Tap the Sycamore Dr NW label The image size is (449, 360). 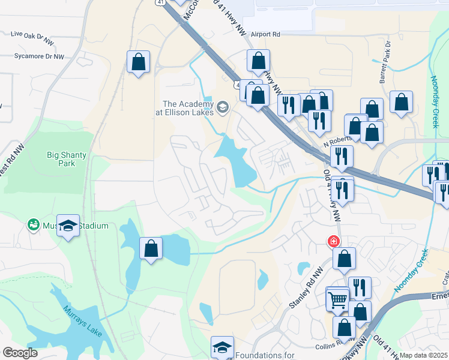39,56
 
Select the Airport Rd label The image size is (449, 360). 266,35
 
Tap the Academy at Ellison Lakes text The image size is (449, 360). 187,108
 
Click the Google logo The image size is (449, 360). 20,353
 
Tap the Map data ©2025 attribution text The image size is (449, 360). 424,355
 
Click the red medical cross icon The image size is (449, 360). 332,241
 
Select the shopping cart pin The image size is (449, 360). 337,298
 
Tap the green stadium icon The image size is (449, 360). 34,226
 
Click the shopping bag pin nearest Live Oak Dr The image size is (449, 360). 138,61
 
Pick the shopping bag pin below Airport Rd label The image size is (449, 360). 258,60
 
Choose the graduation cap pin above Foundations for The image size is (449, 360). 222,347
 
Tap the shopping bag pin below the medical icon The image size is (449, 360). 345,259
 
